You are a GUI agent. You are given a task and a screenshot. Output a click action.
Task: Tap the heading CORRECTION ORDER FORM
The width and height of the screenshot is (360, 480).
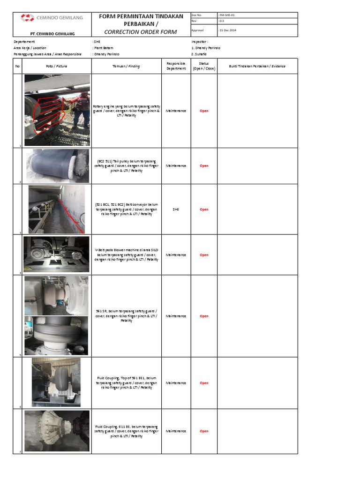coord(141,32)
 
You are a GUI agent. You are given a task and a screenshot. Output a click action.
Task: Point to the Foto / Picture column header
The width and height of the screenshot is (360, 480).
coord(56,66)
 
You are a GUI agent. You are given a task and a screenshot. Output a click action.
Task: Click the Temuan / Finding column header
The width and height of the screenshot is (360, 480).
coord(126,66)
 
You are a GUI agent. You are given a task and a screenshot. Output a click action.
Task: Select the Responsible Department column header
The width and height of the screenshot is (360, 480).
coord(176,66)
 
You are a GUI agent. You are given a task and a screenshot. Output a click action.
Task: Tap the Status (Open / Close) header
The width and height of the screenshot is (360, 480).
coord(204,66)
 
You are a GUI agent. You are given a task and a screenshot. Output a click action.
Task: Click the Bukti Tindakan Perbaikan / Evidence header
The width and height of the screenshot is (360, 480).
coord(257,66)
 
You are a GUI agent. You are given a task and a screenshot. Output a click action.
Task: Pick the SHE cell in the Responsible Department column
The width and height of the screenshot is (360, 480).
coord(176,210)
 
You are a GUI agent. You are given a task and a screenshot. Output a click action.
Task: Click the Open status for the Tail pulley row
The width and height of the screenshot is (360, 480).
coord(204,166)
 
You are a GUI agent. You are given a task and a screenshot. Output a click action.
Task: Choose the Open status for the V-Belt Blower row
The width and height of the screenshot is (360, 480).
coord(204,255)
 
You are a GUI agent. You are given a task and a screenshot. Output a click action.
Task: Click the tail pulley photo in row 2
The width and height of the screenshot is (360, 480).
coord(56,165)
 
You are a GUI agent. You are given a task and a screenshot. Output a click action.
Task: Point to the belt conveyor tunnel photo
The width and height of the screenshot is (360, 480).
coord(56,209)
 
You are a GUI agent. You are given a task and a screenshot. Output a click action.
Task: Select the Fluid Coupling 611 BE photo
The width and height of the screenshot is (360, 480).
coord(56,431)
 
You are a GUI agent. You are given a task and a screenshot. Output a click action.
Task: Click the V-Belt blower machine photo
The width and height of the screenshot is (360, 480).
coord(56,255)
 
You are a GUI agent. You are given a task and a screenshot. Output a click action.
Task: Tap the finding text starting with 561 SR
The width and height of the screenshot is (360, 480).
coord(127,316)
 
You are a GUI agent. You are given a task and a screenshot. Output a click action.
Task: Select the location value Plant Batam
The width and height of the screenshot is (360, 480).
coord(104,48)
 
